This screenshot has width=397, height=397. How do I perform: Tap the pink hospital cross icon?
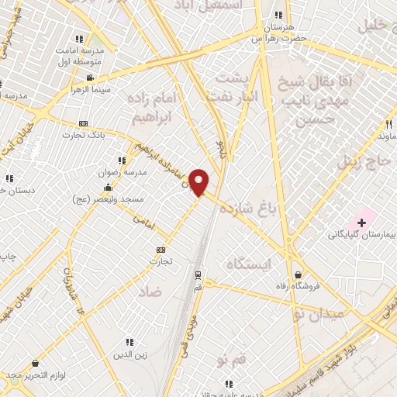pyautogui.click(x=361, y=223)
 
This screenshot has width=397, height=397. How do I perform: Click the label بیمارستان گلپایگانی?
pyautogui.click(x=361, y=235)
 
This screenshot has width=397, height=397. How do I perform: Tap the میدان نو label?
pyautogui.click(x=319, y=314)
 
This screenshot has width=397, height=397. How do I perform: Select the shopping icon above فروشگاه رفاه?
pyautogui.click(x=299, y=273)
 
